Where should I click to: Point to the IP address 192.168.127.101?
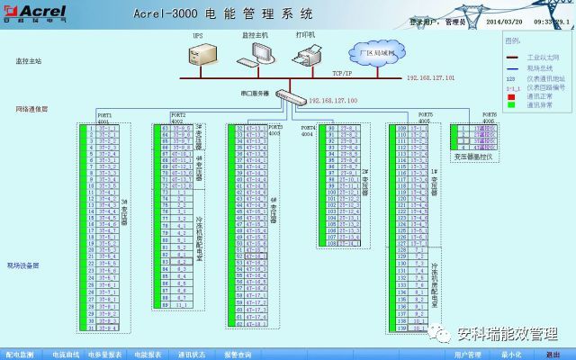coord(430,78)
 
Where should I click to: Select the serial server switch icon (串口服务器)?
coord(288,95)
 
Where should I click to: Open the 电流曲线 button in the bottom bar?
coord(65,355)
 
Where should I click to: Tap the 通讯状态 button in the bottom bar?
coord(191,355)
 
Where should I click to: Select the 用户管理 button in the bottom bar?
coord(468,355)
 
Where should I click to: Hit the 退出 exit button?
coord(552,355)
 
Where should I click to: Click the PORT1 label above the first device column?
coord(105,115)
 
